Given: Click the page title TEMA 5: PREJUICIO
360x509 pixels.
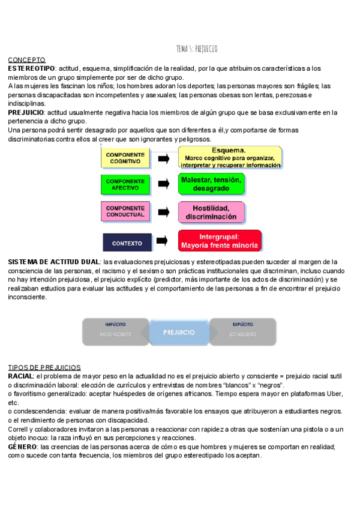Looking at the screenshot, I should pos(197,49).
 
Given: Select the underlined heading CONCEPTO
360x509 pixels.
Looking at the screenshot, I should pos(26,60).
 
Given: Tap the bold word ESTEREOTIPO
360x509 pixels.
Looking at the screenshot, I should pos(31,69).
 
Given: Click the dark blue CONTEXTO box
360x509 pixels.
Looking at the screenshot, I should pos(127,243).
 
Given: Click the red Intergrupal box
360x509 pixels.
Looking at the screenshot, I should pos(219,241).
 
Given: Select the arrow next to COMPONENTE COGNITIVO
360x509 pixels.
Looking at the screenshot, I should pos(163,158).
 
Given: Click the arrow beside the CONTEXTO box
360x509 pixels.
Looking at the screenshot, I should pos(163,242).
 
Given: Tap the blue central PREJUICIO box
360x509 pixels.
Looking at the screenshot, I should pos(179,332).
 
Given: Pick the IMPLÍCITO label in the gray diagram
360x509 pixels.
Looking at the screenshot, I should pos(115,324).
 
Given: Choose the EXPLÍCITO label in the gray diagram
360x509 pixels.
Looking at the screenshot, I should pos(242,324).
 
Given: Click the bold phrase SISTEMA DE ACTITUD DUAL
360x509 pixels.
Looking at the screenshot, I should pos(54,262).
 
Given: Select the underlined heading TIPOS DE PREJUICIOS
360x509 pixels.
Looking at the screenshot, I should pos(44,367).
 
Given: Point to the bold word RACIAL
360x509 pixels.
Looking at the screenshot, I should pos(20,376).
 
